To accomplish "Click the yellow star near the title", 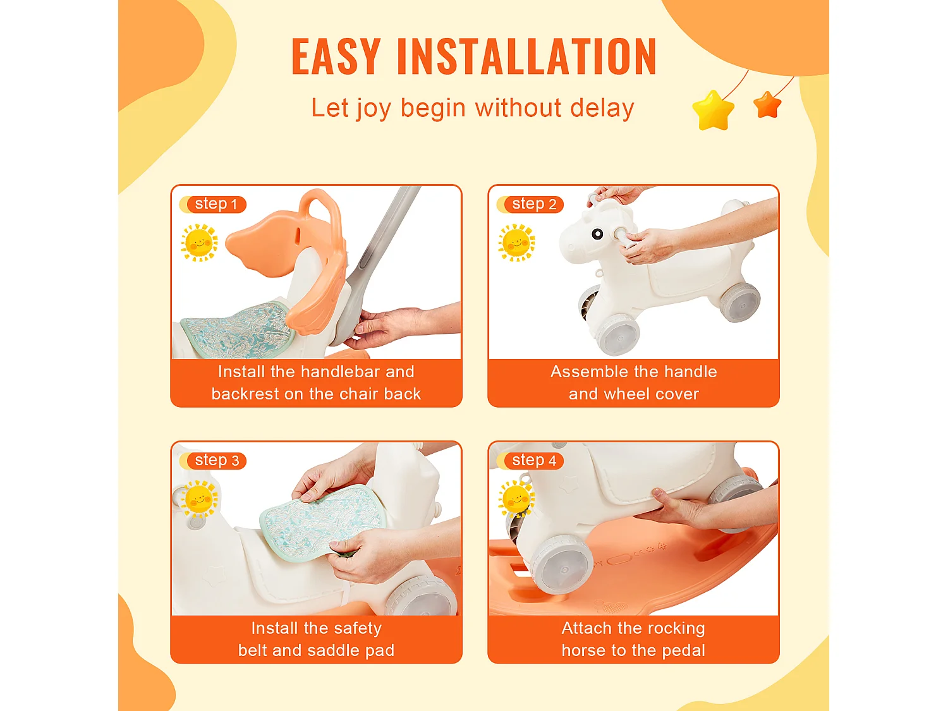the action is tap(713, 111).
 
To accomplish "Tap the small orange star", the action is tap(767, 104).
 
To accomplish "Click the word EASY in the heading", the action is tap(336, 56).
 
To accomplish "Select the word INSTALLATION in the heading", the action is tap(527, 56).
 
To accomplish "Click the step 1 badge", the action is tap(213, 204).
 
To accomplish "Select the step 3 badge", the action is tap(213, 461).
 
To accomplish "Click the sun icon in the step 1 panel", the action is tap(199, 243).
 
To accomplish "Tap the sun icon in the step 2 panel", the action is tap(516, 243).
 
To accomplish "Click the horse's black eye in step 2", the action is tap(597, 234).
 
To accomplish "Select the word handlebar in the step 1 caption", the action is tap(341, 372).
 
